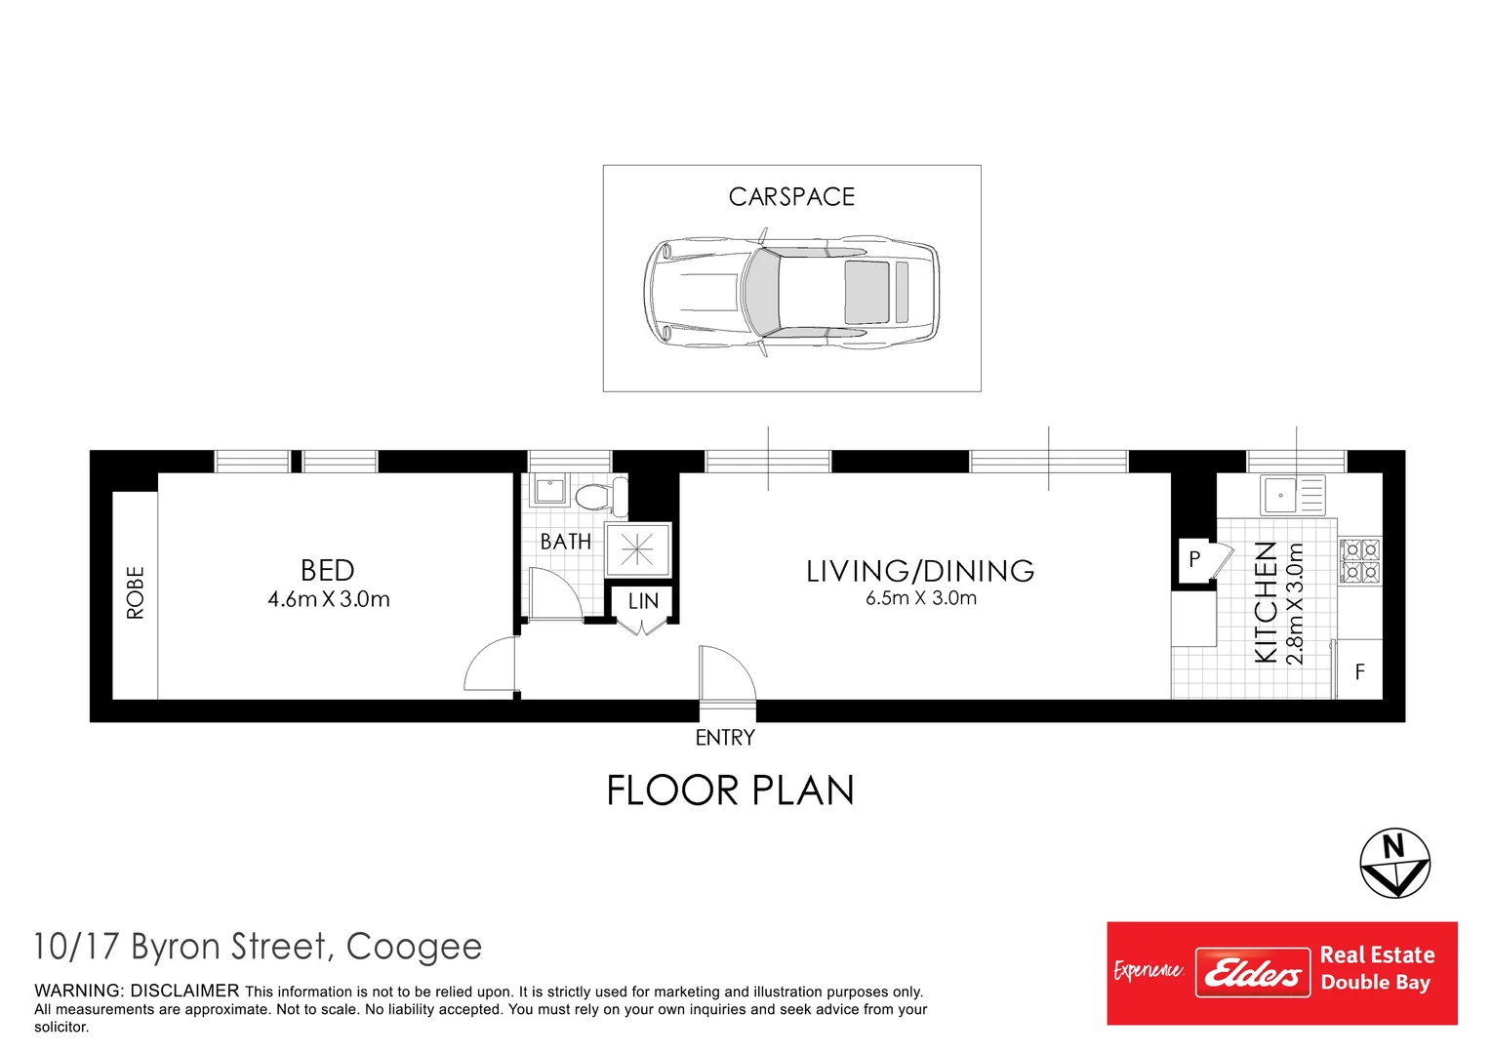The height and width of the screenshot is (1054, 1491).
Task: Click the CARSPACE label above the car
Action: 791,197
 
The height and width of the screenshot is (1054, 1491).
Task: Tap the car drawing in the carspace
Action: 791,291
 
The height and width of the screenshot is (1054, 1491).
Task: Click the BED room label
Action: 328,570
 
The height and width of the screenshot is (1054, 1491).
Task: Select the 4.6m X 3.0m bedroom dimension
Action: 329,599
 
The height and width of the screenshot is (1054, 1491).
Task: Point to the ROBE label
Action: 136,592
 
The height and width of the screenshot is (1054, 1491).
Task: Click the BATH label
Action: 566,542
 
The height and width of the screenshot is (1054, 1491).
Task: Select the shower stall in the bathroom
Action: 637,550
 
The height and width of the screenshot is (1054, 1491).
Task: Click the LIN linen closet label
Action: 643,602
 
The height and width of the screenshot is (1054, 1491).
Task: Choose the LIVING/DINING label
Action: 920,571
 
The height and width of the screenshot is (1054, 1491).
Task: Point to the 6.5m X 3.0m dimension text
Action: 920,598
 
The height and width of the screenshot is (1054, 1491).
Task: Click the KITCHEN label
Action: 1266,602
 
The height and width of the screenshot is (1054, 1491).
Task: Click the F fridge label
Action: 1359,671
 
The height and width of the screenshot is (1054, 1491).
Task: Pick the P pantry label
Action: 1193,560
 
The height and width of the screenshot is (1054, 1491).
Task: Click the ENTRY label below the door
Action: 725,738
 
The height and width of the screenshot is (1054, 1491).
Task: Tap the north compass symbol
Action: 1394,864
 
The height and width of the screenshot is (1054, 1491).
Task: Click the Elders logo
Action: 1252,973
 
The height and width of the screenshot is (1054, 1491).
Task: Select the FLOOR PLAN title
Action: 730,790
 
